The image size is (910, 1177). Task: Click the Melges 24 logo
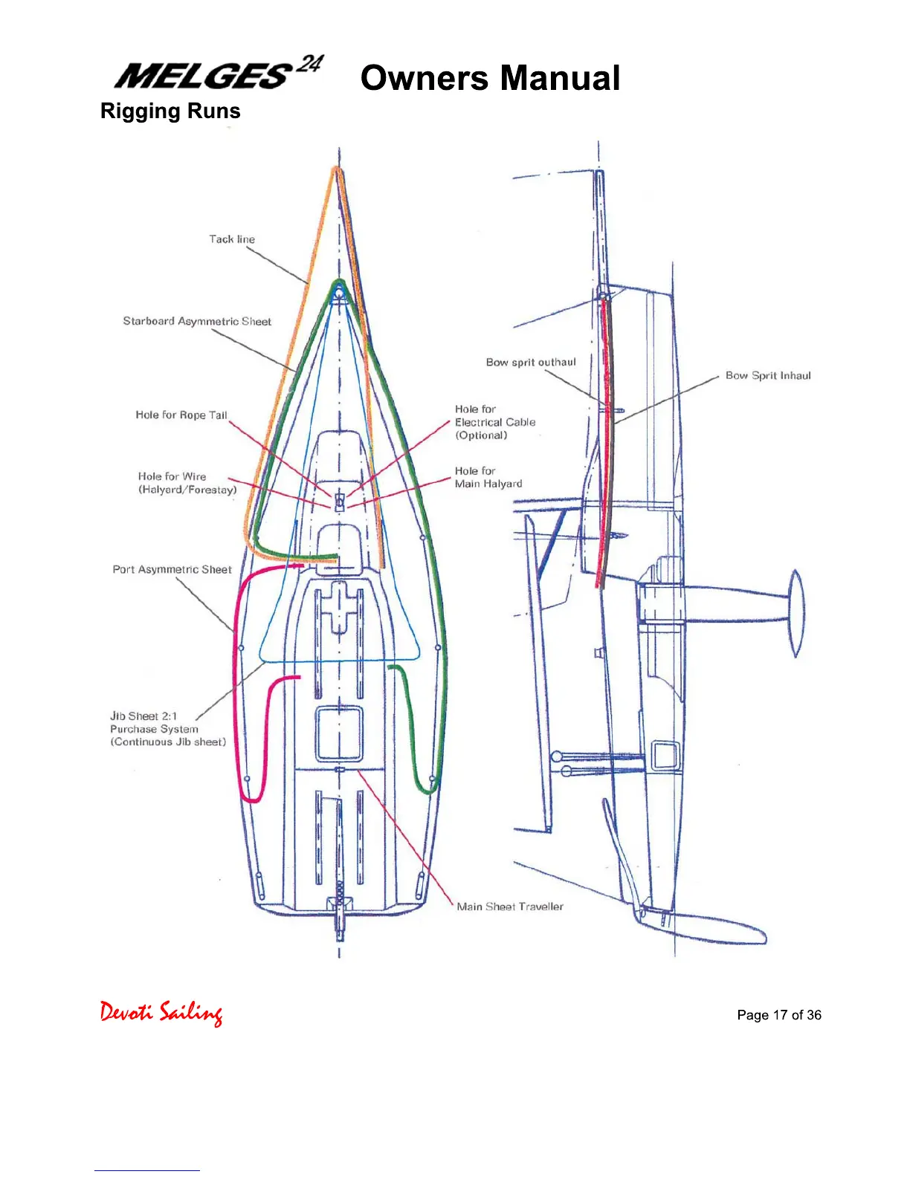pyautogui.click(x=219, y=74)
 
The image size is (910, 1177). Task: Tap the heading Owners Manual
pyautogui.click(x=490, y=78)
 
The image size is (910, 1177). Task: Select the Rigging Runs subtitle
pyautogui.click(x=170, y=111)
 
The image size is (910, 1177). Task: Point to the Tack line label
pyautogui.click(x=232, y=239)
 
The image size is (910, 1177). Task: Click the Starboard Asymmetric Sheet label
pyautogui.click(x=197, y=321)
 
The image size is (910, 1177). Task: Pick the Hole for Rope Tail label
pyautogui.click(x=181, y=415)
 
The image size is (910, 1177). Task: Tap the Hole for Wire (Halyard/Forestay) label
pyautogui.click(x=187, y=483)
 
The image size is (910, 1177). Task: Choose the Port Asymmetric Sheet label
pyautogui.click(x=172, y=569)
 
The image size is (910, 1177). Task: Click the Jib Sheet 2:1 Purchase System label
pyautogui.click(x=167, y=729)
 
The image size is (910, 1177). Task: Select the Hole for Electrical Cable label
pyautogui.click(x=494, y=422)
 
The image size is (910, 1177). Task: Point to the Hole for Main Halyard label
pyautogui.click(x=488, y=477)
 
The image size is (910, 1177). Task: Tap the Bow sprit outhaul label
pyautogui.click(x=531, y=362)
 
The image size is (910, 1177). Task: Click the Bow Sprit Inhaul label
pyautogui.click(x=768, y=375)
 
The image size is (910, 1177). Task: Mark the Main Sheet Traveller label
pyautogui.click(x=510, y=907)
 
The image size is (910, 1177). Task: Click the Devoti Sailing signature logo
pyautogui.click(x=161, y=1013)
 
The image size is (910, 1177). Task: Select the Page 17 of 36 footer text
pyautogui.click(x=779, y=1015)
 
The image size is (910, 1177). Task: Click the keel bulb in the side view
pyautogui.click(x=796, y=613)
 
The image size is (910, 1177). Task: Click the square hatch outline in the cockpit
pyautogui.click(x=340, y=733)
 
